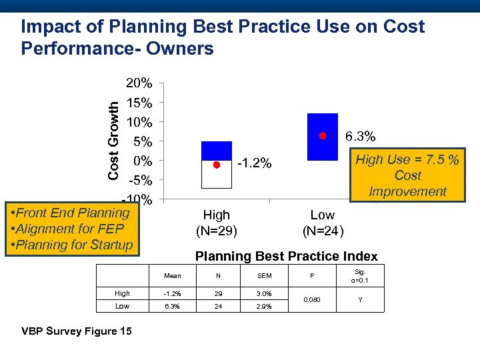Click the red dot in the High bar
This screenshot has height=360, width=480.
tap(216, 164)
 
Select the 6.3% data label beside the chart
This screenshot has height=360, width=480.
tap(360, 137)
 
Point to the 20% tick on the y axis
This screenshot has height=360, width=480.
tap(139, 84)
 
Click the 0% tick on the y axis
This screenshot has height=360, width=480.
tap(143, 161)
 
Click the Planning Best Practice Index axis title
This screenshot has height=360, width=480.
tap(285, 256)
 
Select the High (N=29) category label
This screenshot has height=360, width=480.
tap(216, 223)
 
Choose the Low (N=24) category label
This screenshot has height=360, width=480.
tap(323, 223)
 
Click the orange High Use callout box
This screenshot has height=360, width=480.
tap(407, 175)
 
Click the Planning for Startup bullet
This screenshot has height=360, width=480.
tap(69, 245)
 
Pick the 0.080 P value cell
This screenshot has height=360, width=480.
tap(311, 299)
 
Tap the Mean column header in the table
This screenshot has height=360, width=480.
tap(173, 275)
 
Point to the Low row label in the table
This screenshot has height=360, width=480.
tap(123, 306)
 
